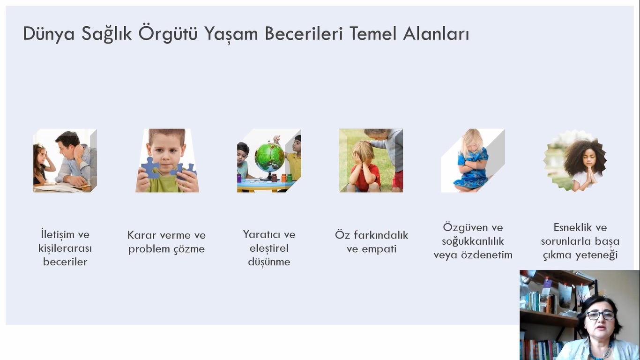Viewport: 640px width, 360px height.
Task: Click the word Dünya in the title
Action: pos(49,34)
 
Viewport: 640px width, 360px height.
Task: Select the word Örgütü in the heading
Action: pos(168,33)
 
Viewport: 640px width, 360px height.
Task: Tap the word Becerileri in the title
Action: pos(304,33)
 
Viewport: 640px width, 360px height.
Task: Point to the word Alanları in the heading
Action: pos(436,33)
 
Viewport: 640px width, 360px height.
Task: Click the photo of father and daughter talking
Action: pos(65,160)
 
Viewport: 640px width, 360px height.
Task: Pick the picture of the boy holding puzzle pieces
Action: pos(167,160)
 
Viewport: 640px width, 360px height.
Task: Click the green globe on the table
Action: pos(269,157)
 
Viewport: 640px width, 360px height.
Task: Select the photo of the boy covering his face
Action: pos(371,160)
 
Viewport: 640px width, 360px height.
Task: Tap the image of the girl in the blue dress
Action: pos(473,160)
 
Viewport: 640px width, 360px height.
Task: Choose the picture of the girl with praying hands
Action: pos(575,160)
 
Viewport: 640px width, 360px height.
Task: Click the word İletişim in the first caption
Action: pos(58,234)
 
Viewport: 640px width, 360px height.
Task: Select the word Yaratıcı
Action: pos(260,234)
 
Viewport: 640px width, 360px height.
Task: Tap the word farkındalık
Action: pos(381,235)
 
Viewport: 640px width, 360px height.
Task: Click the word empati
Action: pos(379,249)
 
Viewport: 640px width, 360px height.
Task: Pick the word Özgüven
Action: pos(462,228)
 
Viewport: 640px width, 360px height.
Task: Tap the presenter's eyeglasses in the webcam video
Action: pos(600,315)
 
